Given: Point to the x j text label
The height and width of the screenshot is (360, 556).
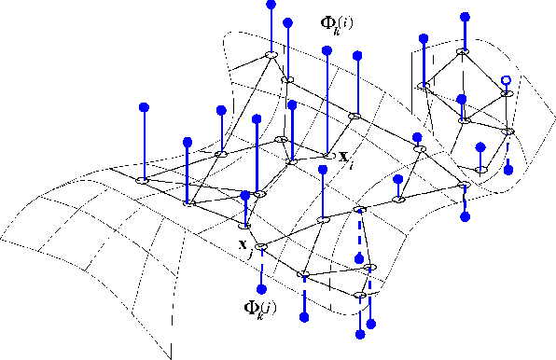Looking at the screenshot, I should pos(245,247).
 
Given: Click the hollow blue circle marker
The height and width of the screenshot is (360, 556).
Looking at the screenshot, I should pos(505,81).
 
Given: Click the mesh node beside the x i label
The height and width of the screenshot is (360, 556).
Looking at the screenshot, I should pos(327,155).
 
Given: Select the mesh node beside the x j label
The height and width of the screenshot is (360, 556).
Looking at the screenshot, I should pos(261,247).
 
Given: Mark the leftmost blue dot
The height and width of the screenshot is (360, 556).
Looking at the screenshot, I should pos(143,107).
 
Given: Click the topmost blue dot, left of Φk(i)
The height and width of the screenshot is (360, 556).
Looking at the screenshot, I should pos(271,5).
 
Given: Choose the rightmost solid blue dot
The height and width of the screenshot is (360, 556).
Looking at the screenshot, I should pos(508,171).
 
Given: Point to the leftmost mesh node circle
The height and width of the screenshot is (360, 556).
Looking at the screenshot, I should pos(143,179).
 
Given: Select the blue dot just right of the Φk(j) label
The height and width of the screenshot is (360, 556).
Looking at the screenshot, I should pos(304,318).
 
